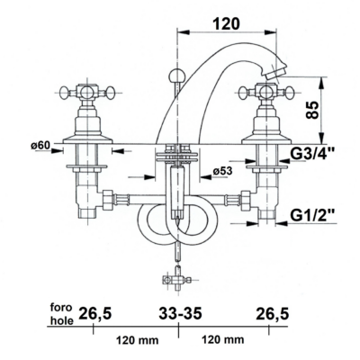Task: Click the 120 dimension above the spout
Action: (x=227, y=23)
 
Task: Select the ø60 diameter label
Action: (x=40, y=146)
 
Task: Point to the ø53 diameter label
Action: (x=222, y=171)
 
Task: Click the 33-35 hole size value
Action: (x=180, y=314)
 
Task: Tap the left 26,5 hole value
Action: (x=95, y=314)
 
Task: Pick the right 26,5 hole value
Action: (x=272, y=314)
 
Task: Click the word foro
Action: (x=61, y=307)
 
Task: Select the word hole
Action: (x=61, y=320)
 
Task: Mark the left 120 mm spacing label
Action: (x=137, y=340)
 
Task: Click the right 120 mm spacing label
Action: (x=222, y=339)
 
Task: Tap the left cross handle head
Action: (x=87, y=92)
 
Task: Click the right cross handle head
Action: (x=265, y=92)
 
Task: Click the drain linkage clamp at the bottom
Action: (x=176, y=280)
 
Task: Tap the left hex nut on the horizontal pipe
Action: (x=107, y=200)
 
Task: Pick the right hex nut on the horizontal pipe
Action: (x=246, y=200)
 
